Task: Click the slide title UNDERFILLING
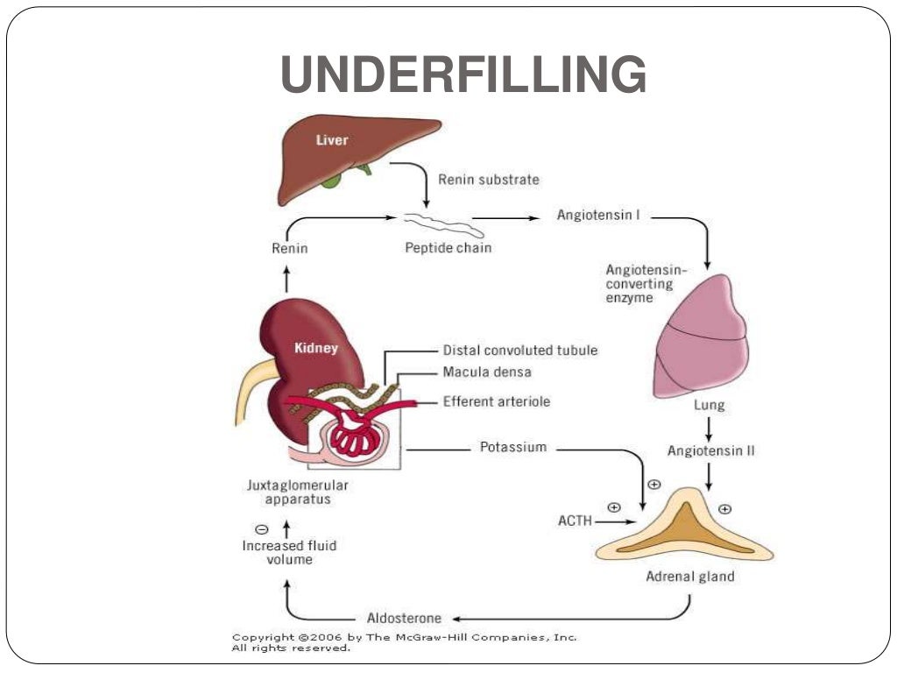click(x=463, y=75)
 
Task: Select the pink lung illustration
click(x=701, y=337)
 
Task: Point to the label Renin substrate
click(x=488, y=180)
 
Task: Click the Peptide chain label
click(x=448, y=248)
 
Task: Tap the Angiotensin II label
click(x=710, y=450)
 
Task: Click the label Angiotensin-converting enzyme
click(x=646, y=283)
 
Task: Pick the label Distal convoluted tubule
click(x=519, y=350)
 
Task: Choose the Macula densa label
click(x=486, y=372)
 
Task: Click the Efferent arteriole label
click(x=496, y=401)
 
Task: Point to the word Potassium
click(x=512, y=447)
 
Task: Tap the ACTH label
click(x=575, y=521)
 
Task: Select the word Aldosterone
click(x=404, y=618)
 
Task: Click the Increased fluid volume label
click(x=288, y=552)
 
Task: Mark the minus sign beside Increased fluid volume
click(x=261, y=529)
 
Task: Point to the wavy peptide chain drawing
click(x=442, y=224)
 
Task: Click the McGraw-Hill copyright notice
click(x=404, y=642)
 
